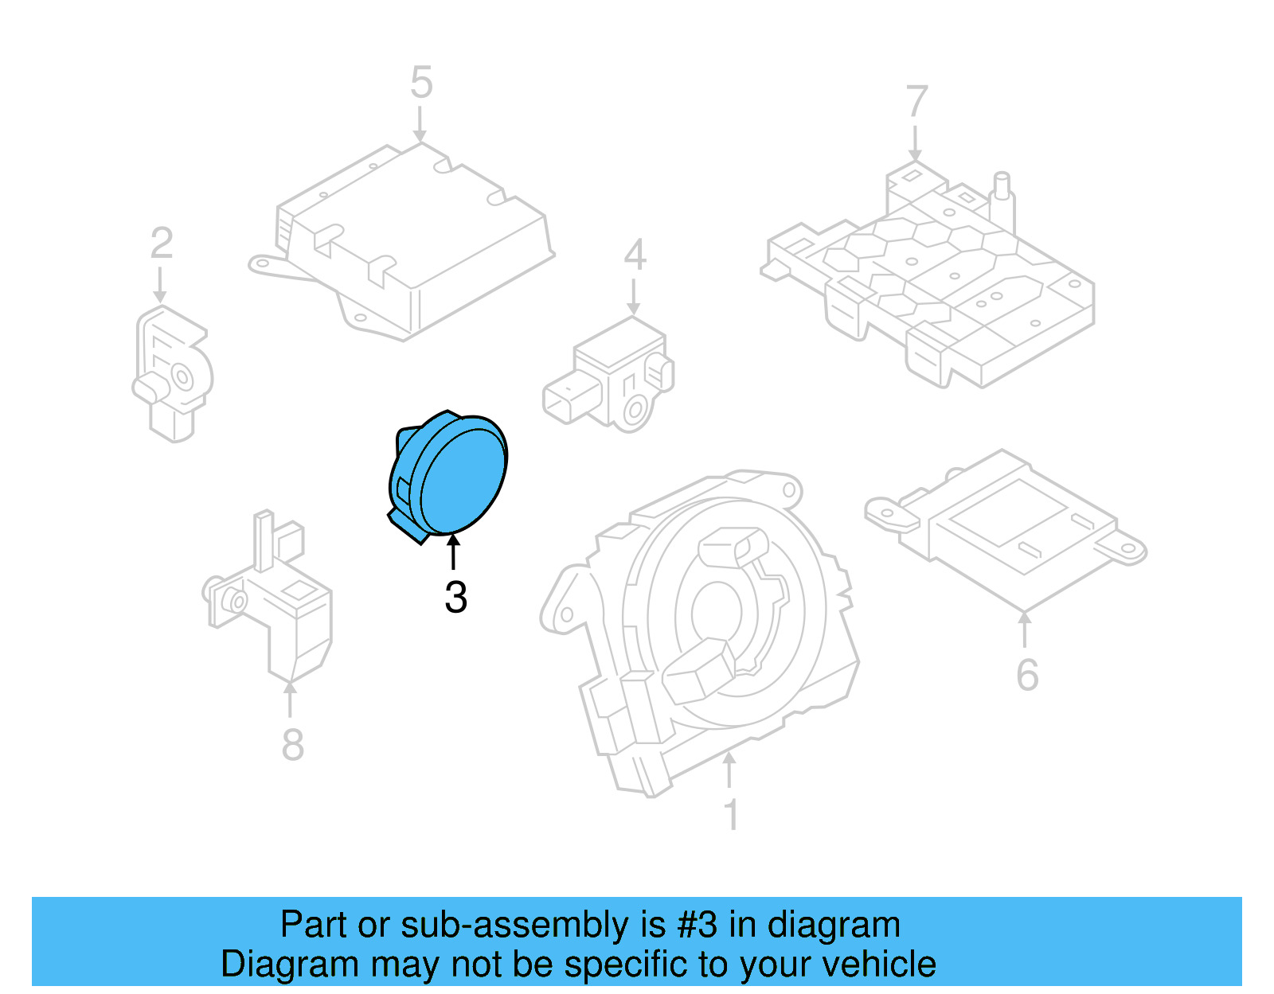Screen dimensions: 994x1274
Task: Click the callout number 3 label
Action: coord(455,597)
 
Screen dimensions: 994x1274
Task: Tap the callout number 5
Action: coord(421,83)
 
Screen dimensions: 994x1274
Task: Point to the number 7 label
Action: coord(916,103)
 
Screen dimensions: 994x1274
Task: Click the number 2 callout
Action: coord(162,244)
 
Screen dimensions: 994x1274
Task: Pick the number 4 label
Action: coord(635,255)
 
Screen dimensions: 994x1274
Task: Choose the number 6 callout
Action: coord(1027,675)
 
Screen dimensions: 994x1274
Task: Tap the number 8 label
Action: coord(292,745)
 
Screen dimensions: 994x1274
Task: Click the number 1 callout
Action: coord(731,815)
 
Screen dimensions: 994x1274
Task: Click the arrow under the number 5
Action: coord(420,126)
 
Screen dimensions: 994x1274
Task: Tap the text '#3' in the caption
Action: coord(698,925)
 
